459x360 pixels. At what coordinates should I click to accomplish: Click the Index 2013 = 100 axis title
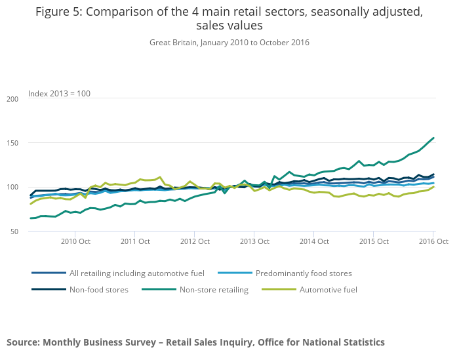[59, 93]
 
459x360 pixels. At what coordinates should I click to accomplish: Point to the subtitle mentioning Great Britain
[229, 43]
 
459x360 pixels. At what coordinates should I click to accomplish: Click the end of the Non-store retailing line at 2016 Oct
[433, 138]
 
